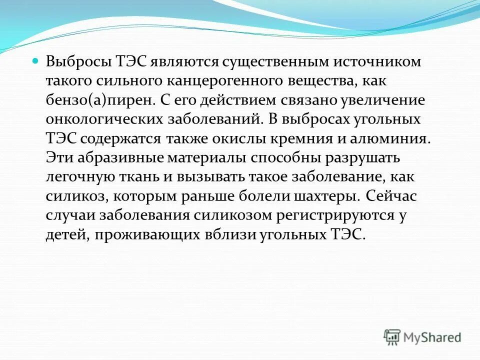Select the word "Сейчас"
pyautogui.click(x=394, y=195)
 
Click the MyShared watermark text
pyautogui.click(x=432, y=337)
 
